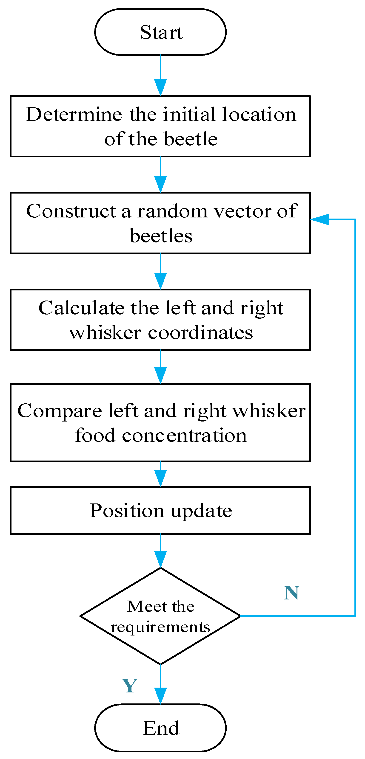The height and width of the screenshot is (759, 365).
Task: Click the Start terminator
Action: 160,32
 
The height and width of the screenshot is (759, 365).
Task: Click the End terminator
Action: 160,728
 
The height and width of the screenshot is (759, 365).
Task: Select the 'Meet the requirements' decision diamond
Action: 160,616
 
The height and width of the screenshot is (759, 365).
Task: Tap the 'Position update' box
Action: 160,510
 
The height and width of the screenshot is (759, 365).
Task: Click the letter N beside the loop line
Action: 291,593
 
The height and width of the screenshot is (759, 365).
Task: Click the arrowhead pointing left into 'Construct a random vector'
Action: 320,219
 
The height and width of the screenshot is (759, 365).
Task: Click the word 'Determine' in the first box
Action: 74,114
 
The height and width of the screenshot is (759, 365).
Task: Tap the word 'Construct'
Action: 71,211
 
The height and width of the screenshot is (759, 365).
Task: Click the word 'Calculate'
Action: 81,308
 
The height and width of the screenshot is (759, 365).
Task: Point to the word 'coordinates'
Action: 200,333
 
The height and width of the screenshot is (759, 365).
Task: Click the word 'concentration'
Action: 184,436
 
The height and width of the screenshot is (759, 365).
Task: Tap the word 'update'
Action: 202,511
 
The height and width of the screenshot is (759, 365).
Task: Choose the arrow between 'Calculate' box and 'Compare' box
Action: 160,367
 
